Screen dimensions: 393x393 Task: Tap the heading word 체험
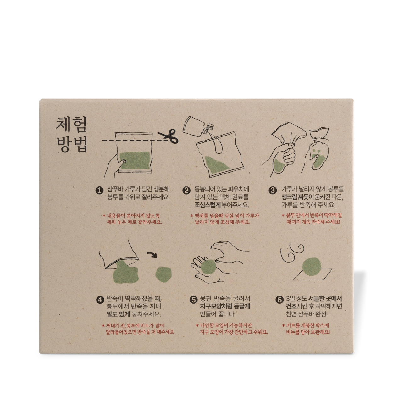[x=71, y=124]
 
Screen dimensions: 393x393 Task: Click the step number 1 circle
[x=99, y=191]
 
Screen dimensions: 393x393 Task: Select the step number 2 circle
[x=186, y=191]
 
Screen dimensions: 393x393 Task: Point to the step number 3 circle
[x=273, y=191]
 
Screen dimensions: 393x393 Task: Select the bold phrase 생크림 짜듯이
[x=297, y=197]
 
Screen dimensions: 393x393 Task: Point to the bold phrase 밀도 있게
[x=118, y=314]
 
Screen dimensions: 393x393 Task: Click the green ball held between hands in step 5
[x=208, y=266]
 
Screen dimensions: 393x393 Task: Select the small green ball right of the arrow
[x=163, y=274]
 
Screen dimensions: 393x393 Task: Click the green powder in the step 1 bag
[x=136, y=161]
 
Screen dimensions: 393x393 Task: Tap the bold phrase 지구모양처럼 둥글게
[x=225, y=306]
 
